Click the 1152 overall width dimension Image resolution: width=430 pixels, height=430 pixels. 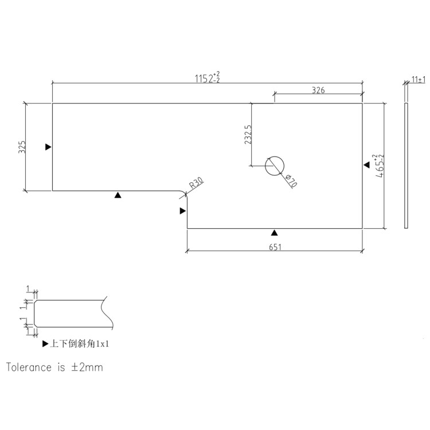pyautogui.click(x=208, y=78)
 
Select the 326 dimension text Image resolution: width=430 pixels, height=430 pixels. pyautogui.click(x=319, y=90)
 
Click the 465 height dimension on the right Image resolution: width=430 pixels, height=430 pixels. pyautogui.click(x=379, y=167)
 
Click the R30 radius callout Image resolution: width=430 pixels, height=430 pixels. pyautogui.click(x=196, y=183)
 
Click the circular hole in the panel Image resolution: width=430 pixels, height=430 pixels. pyautogui.click(x=274, y=166)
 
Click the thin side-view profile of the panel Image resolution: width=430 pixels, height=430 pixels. pyautogui.click(x=406, y=166)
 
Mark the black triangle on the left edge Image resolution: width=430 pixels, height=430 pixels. pyautogui.click(x=49, y=147)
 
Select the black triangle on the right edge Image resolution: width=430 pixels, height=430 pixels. pyautogui.click(x=366, y=165)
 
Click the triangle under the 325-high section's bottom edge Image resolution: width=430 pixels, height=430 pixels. pyautogui.click(x=118, y=196)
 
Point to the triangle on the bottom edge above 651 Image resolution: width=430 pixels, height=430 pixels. pyautogui.click(x=275, y=232)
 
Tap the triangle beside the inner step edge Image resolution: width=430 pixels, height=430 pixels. pyautogui.click(x=183, y=211)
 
